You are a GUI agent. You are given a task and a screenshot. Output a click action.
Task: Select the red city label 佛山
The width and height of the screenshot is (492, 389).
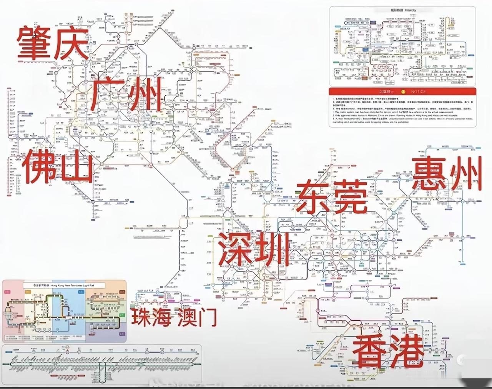pos(58,166)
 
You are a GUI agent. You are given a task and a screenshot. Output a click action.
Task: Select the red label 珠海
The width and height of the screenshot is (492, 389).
pos(151,317)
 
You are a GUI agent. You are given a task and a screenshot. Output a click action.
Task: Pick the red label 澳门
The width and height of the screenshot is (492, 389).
pos(197,317)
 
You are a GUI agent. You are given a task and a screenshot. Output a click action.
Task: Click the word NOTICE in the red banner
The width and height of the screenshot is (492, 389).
pos(417,92)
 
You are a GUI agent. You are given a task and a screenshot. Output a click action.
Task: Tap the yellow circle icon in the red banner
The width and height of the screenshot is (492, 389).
pos(403,92)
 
